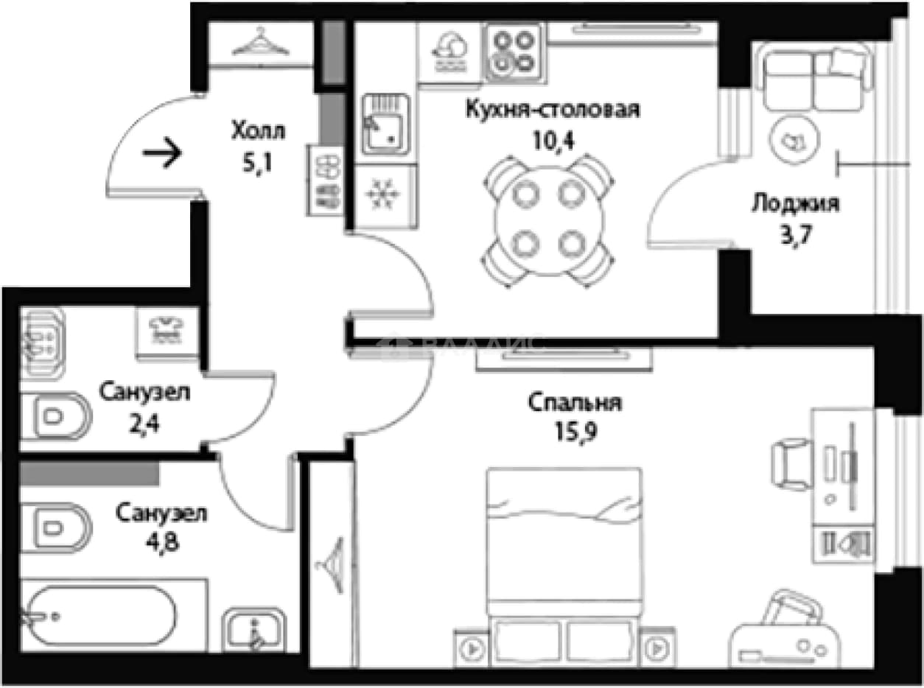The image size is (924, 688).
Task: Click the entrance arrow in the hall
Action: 162,152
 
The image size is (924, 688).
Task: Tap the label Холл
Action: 259,130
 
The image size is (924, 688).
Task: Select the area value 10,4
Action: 553,141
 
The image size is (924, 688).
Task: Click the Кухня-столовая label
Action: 553,109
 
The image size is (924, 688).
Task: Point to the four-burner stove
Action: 514,52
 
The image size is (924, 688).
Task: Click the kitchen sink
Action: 385,124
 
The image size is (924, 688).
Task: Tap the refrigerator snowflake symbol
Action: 382,194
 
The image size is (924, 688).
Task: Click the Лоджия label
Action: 795,204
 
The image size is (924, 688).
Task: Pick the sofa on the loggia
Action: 814,78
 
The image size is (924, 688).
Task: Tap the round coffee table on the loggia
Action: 794,141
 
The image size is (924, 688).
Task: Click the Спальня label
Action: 575,403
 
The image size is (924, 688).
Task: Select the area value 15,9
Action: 575,432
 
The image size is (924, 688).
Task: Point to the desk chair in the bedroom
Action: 791,464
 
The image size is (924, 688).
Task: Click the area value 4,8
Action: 161,543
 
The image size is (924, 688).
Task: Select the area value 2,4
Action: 144,424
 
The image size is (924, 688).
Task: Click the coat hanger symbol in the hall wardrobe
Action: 260,42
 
